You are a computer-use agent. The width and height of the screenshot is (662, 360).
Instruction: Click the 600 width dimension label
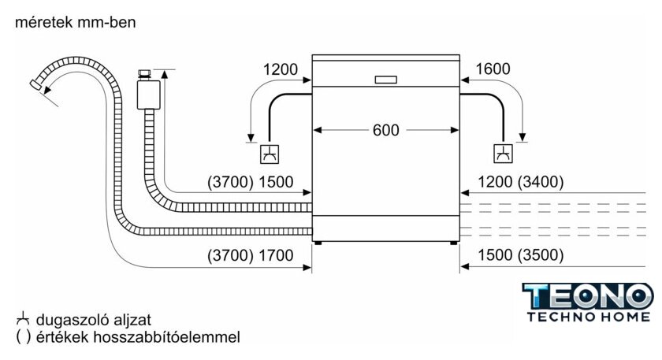(x=385, y=130)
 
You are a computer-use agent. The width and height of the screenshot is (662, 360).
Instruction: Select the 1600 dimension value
(x=493, y=69)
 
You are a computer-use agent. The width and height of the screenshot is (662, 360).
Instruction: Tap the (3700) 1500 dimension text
(x=251, y=182)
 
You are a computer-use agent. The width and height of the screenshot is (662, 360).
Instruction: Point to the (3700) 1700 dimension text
(x=251, y=255)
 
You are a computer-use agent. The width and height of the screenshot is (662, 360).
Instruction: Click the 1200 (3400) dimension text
(x=521, y=182)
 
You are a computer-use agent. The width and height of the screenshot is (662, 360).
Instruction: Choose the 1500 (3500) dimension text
(x=521, y=255)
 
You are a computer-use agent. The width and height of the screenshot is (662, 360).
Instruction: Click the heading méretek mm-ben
(x=76, y=22)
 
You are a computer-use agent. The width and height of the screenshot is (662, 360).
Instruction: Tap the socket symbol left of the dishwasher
(x=270, y=154)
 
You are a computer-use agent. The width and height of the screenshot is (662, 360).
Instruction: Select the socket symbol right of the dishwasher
(x=504, y=154)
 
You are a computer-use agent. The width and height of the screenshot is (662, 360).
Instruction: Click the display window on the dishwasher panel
(x=386, y=80)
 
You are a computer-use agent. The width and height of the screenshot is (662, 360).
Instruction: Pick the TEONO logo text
(x=588, y=296)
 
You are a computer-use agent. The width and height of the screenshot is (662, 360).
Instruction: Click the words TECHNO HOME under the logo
(x=589, y=317)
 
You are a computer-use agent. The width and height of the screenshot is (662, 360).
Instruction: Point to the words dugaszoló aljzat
(x=94, y=320)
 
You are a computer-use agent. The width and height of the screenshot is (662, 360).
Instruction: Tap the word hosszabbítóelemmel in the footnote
(x=166, y=337)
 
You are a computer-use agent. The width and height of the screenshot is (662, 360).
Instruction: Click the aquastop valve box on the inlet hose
(x=148, y=95)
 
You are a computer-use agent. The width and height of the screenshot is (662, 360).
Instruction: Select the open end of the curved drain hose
(x=35, y=84)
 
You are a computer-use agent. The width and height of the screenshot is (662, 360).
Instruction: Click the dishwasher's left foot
(x=318, y=243)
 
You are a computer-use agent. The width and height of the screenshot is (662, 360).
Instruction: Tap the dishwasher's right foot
(x=453, y=243)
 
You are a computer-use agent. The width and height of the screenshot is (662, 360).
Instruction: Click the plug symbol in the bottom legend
(x=23, y=319)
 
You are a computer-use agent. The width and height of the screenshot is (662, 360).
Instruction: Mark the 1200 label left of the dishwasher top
(x=281, y=69)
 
